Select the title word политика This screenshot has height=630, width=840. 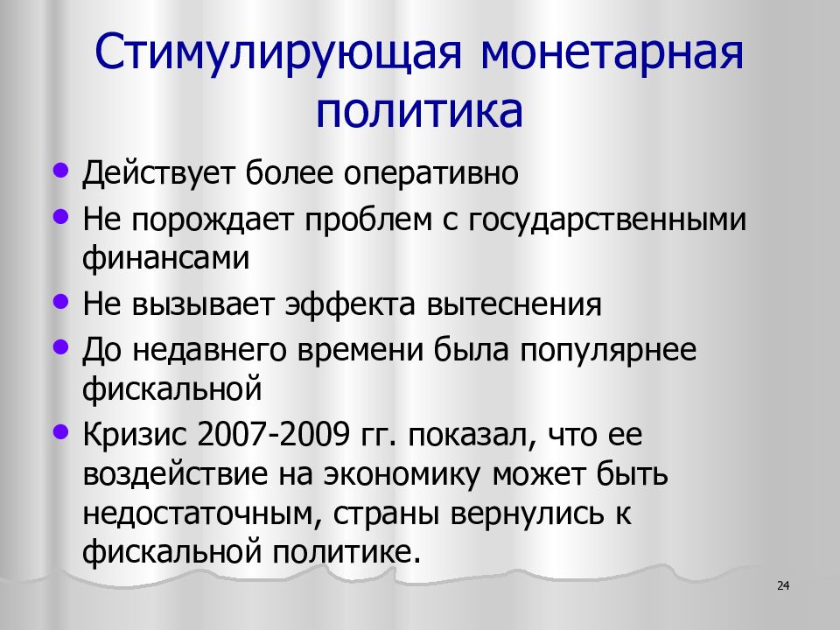tap(420, 113)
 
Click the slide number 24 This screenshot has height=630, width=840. tap(783, 585)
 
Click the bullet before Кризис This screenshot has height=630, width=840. tap(59, 430)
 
